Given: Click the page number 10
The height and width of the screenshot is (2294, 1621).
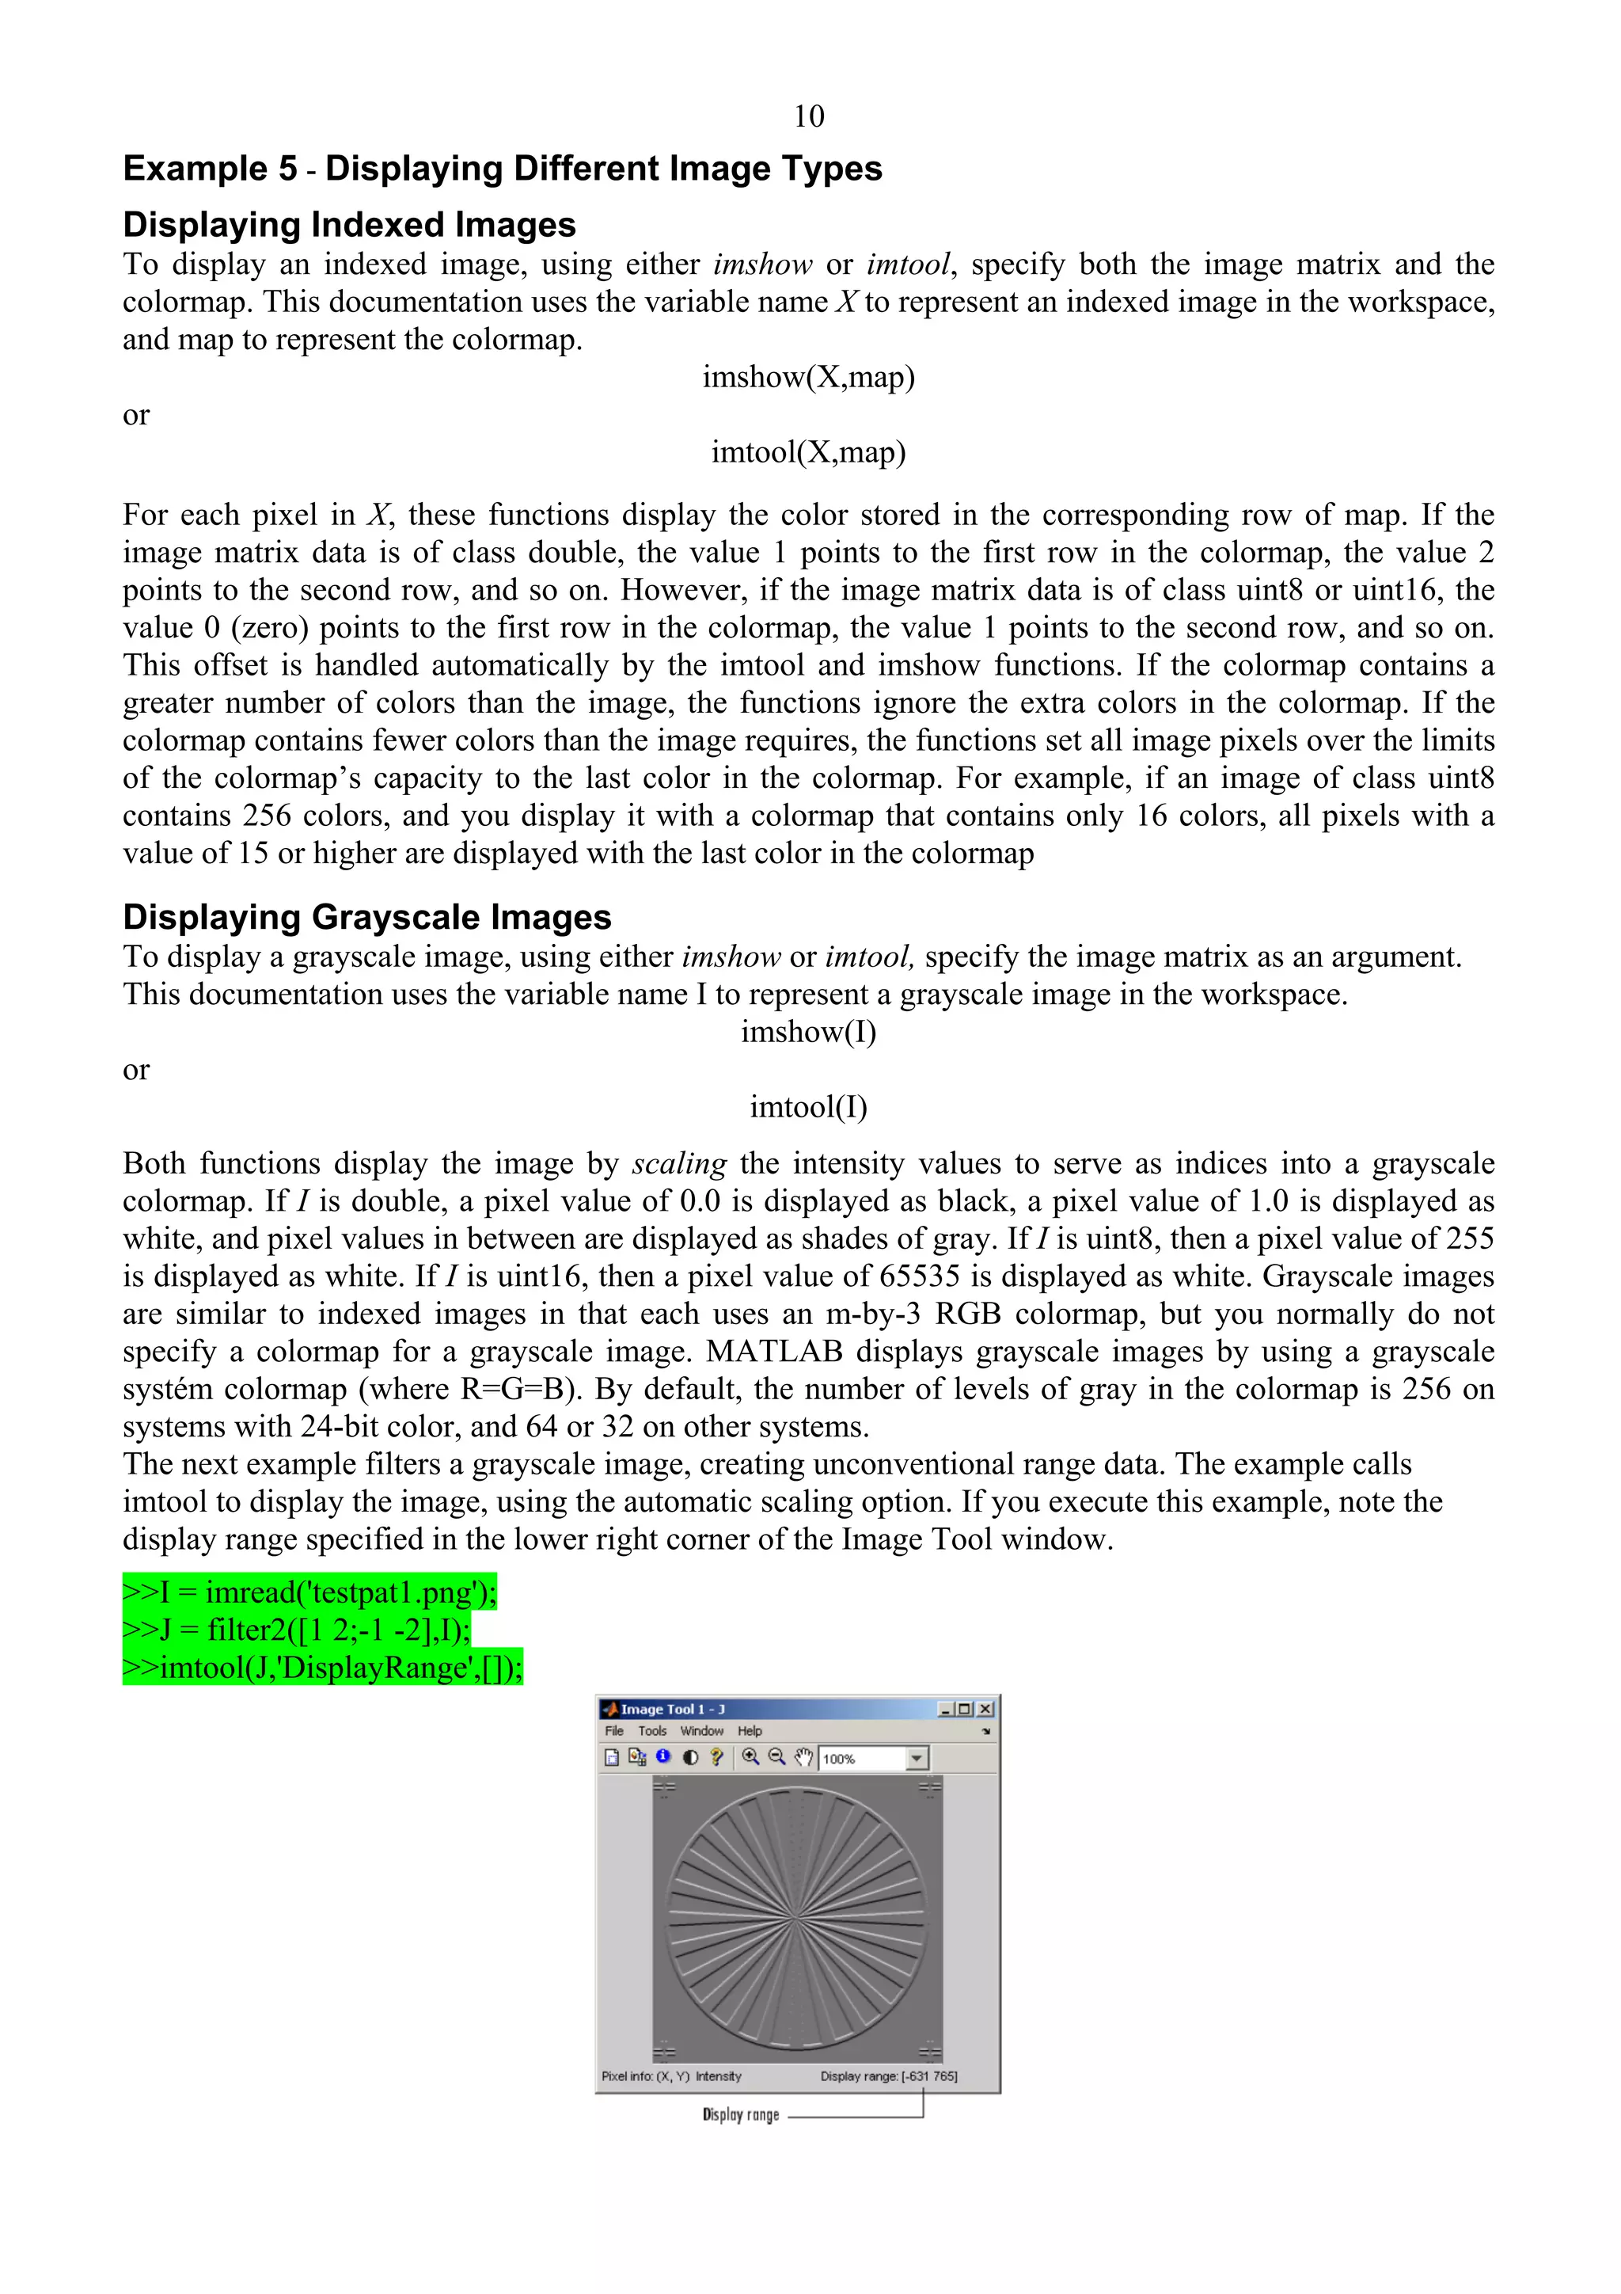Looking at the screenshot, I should (x=808, y=117).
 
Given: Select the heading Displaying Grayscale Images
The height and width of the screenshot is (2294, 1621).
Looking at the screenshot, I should (x=366, y=916).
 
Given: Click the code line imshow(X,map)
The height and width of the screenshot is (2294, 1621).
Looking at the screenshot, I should (x=808, y=377).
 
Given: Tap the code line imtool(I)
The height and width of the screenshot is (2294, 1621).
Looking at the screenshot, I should (x=808, y=1107).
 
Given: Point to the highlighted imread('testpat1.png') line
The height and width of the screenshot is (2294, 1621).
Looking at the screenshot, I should (x=309, y=1591).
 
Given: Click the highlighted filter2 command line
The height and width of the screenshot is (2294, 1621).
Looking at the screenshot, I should (x=297, y=1629).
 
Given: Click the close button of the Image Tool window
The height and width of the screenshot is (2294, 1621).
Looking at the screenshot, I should (x=985, y=1709).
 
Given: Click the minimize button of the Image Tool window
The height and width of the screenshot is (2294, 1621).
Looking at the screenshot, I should (x=946, y=1709).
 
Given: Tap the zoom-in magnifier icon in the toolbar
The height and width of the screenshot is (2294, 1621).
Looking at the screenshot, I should (x=750, y=1757).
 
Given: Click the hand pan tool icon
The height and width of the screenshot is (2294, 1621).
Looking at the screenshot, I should (x=803, y=1757).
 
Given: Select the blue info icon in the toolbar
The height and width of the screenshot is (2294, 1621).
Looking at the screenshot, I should (x=663, y=1756).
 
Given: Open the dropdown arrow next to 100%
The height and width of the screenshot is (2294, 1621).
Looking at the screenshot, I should (x=917, y=1759).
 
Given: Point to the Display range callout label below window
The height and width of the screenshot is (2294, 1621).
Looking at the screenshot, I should (x=740, y=2114).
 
